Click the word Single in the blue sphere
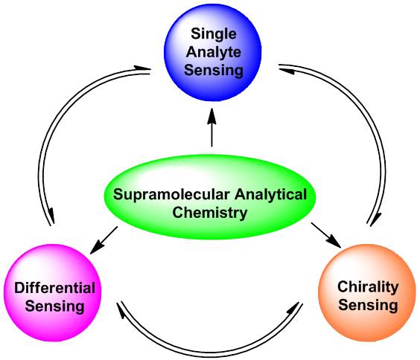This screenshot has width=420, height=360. click(214, 35)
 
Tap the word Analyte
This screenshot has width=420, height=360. click(214, 52)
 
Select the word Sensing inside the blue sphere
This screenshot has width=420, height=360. click(214, 71)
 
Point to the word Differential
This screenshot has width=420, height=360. click(54, 288)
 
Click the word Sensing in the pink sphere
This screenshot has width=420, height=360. click(54, 306)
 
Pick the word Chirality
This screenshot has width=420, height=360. click(368, 288)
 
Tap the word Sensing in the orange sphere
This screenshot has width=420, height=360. click(368, 305)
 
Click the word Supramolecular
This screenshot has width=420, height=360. click(171, 195)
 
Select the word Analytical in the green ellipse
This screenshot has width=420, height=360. click(271, 195)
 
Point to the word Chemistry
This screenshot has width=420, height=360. click(210, 213)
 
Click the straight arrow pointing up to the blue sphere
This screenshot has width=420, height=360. click(212, 127)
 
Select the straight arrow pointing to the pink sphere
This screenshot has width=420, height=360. click(104, 240)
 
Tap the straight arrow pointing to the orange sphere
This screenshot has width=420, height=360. click(325, 235)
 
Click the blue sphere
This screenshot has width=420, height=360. click(213, 53)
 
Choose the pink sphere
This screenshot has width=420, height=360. click(53, 293)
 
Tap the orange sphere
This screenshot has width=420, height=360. click(367, 293)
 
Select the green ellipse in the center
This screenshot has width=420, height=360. click(210, 197)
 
